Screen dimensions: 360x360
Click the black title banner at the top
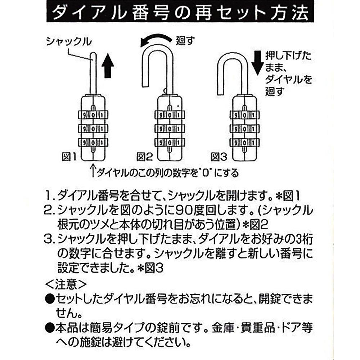pos(180,13)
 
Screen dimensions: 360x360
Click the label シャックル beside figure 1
pos(68,42)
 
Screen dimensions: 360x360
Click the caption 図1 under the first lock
pos(68,157)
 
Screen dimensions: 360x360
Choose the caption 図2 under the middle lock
pos(144,157)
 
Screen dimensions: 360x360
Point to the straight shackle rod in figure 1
pos(93,72)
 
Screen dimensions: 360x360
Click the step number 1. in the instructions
pos(50,196)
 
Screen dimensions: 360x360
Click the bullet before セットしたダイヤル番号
pos(50,299)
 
